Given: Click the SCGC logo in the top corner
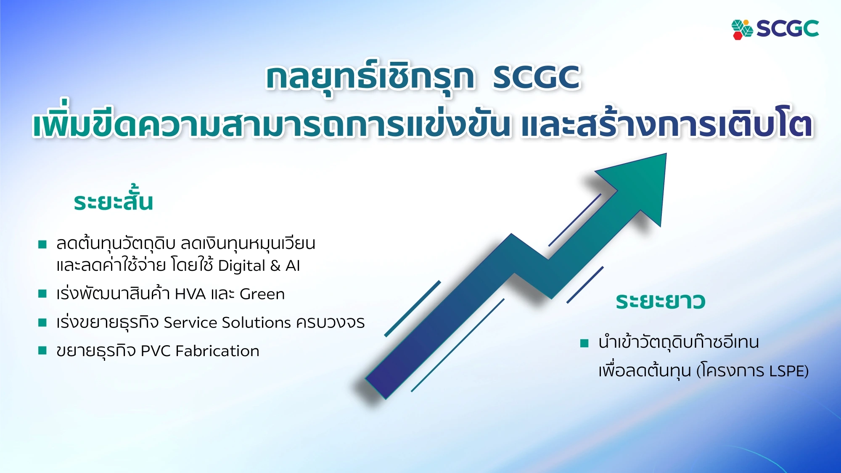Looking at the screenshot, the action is (775, 29).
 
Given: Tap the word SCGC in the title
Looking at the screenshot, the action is (537, 77).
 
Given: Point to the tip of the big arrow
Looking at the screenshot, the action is (666, 154).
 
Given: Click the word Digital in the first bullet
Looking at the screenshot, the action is (242, 266).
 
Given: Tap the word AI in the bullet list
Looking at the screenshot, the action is (293, 266).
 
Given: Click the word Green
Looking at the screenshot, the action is (262, 294).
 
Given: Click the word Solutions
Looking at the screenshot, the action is (257, 322).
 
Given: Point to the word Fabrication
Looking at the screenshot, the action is (217, 351).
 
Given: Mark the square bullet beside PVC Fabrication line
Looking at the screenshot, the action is (42, 351).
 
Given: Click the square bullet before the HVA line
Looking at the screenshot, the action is (42, 293).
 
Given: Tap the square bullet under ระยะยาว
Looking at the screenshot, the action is (584, 343).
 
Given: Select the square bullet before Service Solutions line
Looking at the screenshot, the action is (42, 322).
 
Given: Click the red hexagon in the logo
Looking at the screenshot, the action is (738, 35).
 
